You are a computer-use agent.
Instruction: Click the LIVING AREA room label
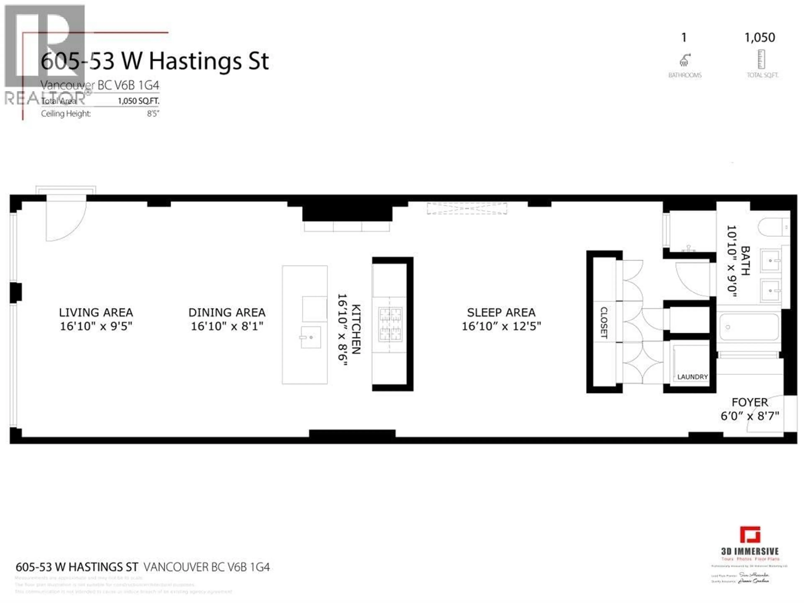pos(96,313)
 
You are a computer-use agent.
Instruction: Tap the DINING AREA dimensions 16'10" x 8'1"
pos(227,326)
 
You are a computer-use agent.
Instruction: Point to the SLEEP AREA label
pos(501,313)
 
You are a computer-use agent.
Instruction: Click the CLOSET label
pos(604,323)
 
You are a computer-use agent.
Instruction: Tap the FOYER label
pos(750,402)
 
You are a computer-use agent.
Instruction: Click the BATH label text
pos(745,261)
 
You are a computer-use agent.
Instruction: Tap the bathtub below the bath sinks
pos(749,327)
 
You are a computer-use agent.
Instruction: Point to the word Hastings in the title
pos(195,61)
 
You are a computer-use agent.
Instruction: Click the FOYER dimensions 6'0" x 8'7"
pos(750,416)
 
